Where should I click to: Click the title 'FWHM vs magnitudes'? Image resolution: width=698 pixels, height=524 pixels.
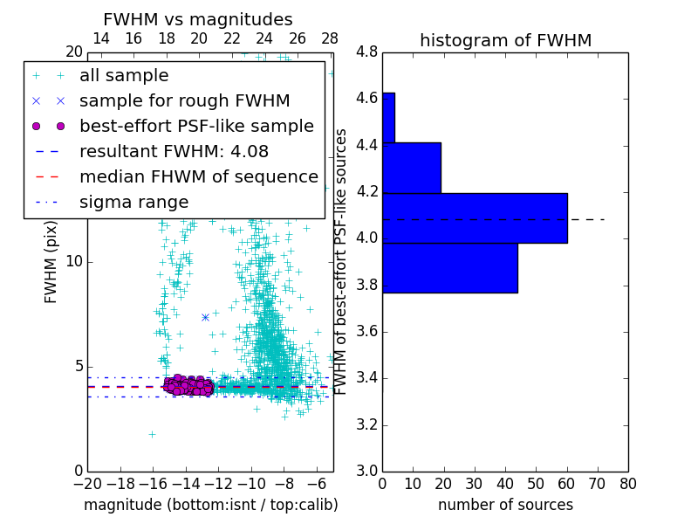[198, 20]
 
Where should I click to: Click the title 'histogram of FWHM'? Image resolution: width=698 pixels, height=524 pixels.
[505, 40]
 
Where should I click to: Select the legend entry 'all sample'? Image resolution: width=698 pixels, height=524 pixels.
[124, 76]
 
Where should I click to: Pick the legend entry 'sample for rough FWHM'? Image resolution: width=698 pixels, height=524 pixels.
[184, 101]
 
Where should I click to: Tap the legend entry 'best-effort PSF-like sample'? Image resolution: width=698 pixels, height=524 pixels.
[196, 127]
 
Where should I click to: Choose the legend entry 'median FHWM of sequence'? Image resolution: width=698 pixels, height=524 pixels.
[198, 177]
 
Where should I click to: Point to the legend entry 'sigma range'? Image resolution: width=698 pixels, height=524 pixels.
[133, 203]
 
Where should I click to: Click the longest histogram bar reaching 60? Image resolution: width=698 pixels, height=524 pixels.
[475, 217]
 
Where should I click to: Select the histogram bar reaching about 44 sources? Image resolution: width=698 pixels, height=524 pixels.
[450, 267]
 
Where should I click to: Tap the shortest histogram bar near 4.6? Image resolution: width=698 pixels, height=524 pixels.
[388, 117]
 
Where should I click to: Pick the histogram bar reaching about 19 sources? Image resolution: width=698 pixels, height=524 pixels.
[412, 168]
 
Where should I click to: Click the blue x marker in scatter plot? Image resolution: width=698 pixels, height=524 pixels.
[205, 317]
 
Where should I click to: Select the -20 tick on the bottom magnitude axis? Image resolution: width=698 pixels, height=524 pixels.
[87, 484]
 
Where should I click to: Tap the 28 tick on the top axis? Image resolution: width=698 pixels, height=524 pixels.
[330, 39]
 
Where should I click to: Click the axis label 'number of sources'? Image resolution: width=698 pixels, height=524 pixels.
[505, 505]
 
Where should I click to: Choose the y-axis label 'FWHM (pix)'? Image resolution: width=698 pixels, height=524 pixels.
[51, 260]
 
